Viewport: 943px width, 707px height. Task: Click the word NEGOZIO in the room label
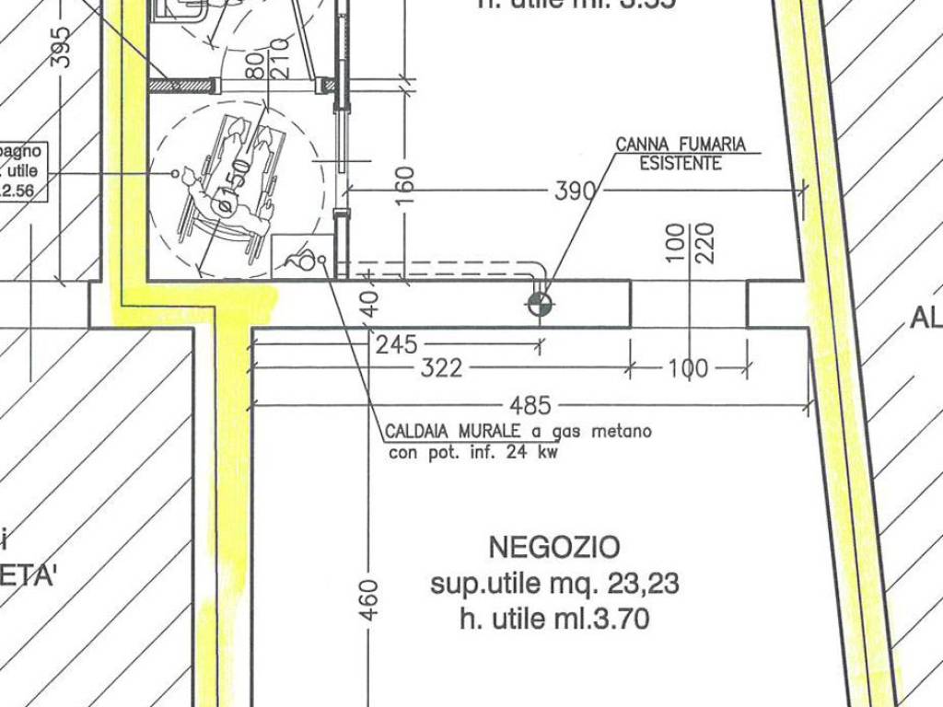click(x=553, y=548)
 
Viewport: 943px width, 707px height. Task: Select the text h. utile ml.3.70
click(x=553, y=620)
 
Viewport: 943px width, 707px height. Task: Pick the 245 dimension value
click(x=397, y=345)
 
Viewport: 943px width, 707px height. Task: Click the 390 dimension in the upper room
click(x=576, y=191)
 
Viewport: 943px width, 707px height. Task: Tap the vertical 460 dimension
click(x=368, y=599)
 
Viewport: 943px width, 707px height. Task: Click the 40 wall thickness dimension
click(x=369, y=304)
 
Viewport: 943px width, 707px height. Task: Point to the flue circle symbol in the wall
click(x=541, y=305)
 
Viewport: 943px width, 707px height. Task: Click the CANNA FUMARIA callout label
click(x=681, y=145)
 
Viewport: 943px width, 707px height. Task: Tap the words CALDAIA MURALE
click(x=453, y=432)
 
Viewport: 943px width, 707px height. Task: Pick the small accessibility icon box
click(x=303, y=257)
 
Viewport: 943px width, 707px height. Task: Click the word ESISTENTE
click(x=681, y=164)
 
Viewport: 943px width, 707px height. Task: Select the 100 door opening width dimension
click(x=688, y=369)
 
